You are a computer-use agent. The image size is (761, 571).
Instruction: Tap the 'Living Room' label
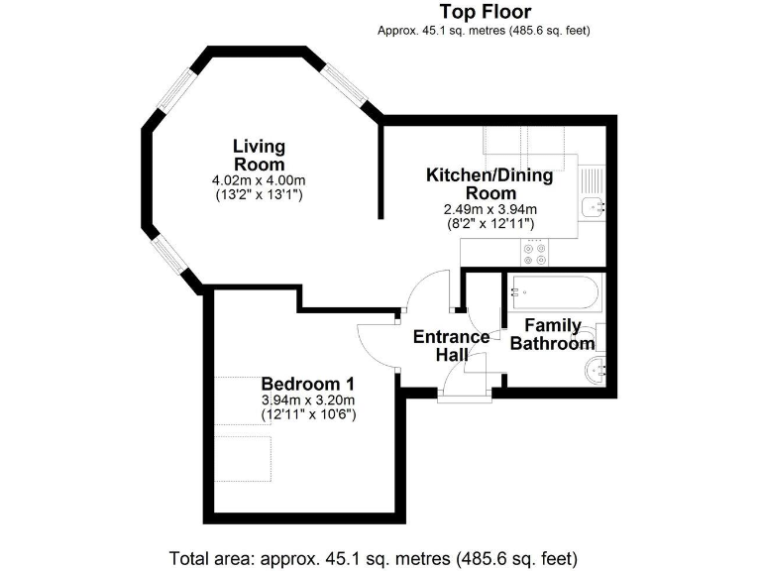259,156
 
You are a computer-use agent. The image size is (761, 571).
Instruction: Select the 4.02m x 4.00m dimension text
259,180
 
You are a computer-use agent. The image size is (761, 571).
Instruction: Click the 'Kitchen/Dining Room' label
489,184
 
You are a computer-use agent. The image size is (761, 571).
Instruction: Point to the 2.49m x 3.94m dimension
489,209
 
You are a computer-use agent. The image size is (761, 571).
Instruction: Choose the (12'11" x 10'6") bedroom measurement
308,413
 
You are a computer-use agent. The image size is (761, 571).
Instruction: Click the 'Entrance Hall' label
451,346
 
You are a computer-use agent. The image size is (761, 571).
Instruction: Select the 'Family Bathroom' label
552,334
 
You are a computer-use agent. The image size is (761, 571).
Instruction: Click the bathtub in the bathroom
552,292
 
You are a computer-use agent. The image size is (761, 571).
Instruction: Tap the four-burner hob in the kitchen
535,253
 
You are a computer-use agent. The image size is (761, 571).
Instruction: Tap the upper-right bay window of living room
346,82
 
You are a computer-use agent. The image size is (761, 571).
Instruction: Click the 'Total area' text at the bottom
374,557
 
